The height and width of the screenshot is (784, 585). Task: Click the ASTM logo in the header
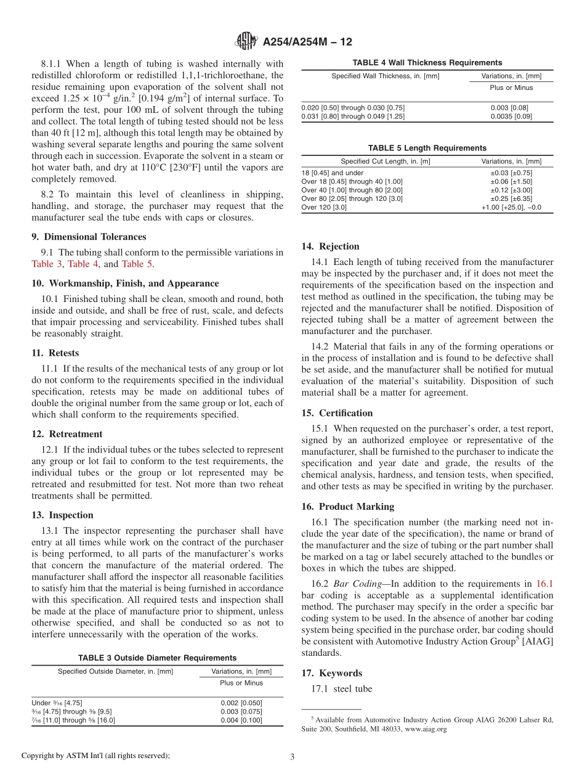[247, 41]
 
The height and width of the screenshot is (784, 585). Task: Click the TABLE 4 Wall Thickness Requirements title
[427, 63]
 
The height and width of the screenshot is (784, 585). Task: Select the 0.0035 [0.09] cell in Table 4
[511, 116]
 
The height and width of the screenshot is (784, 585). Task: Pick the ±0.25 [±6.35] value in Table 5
[511, 199]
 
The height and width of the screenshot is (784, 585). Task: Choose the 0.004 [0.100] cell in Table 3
[241, 720]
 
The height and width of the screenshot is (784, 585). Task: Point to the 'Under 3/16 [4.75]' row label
[57, 703]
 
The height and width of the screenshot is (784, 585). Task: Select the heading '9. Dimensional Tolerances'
[89, 237]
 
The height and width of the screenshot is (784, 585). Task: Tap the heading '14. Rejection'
[330, 247]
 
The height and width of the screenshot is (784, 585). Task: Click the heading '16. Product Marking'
[347, 507]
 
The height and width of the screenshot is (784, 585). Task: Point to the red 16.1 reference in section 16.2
[544, 584]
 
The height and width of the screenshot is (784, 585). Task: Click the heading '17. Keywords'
[331, 673]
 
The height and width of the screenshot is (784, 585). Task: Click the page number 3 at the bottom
[292, 757]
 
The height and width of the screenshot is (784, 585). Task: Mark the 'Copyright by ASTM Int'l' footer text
[95, 756]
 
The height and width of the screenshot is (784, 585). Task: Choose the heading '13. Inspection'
[62, 515]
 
